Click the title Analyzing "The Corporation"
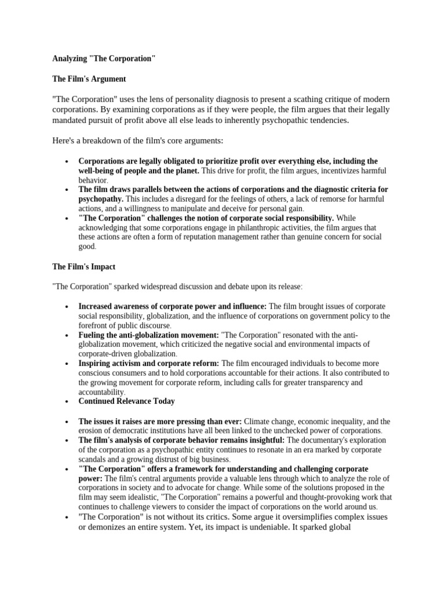(104, 59)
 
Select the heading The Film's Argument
(89, 78)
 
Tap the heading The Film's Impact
(83, 266)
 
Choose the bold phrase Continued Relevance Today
(126, 401)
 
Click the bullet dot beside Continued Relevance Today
(68, 401)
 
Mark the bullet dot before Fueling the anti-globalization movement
(68, 335)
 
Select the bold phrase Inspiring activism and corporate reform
(148, 363)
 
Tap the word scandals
(94, 458)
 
